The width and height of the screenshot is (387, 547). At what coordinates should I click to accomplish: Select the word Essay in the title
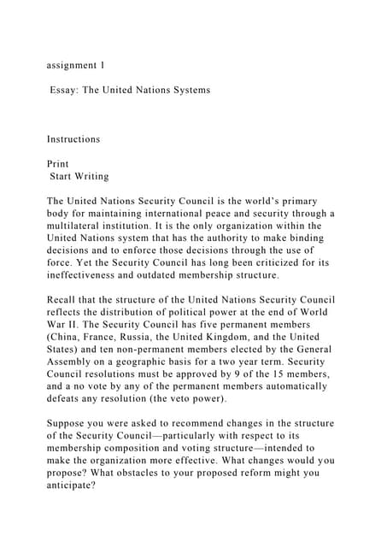tap(67, 90)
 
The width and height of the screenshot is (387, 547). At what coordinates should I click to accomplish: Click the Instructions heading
tap(73, 138)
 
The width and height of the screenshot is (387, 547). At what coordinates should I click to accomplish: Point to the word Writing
tap(92, 176)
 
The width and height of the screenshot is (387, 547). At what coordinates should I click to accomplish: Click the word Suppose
tap(69, 424)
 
